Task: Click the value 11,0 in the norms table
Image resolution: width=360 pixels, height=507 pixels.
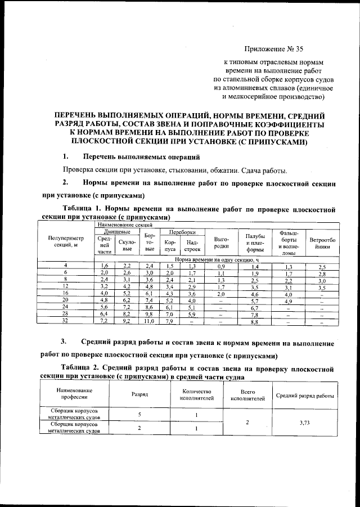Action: pos(149,322)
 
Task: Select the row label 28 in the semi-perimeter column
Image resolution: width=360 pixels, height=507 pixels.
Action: pos(65,315)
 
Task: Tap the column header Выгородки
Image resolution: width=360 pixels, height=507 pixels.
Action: pos(222,243)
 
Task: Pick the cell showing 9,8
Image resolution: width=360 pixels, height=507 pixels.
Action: pos(149,315)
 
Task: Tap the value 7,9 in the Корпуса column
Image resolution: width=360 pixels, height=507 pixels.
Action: pos(170,322)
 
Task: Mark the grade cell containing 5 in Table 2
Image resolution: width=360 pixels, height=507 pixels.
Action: pos(139,414)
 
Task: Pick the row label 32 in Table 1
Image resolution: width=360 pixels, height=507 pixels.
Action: pos(65,322)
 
